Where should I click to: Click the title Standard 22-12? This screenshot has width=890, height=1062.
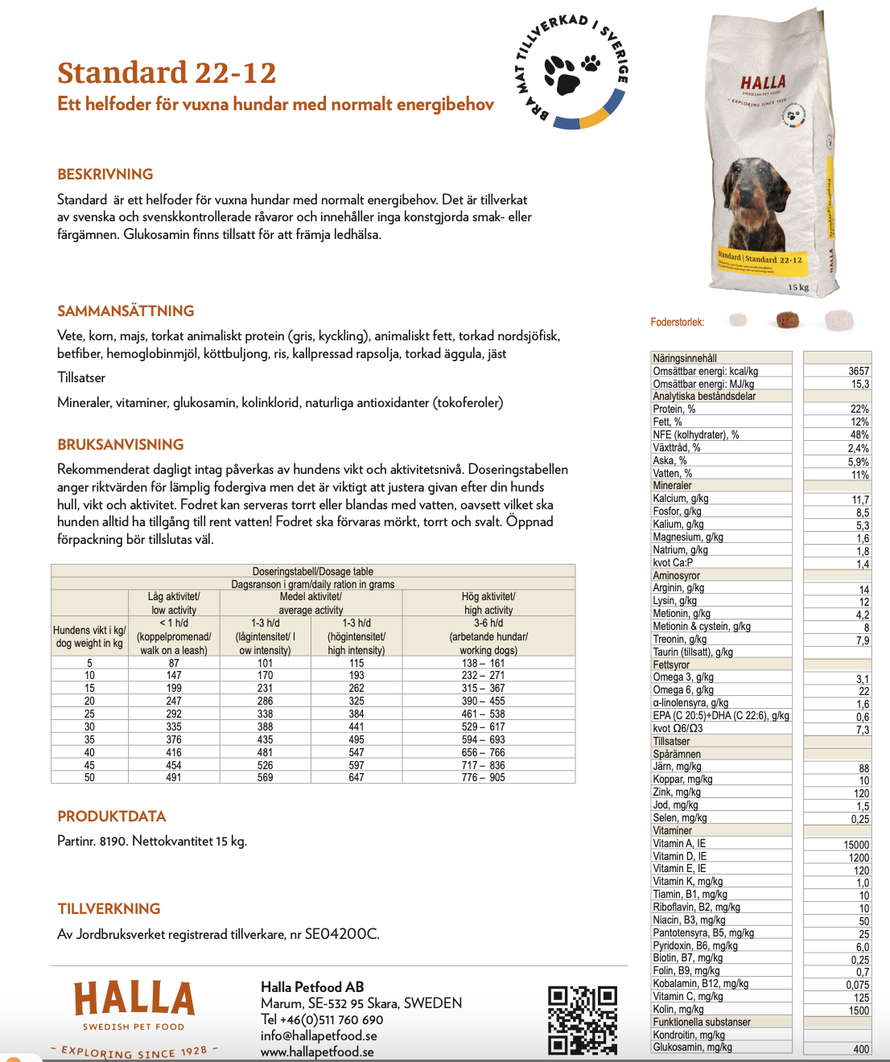click(167, 73)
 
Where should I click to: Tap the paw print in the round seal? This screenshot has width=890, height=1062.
click(570, 72)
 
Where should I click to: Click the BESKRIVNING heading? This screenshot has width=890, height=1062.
click(105, 175)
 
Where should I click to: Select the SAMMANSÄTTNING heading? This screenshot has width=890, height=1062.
click(126, 311)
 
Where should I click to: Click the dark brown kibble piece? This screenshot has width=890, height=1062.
click(788, 320)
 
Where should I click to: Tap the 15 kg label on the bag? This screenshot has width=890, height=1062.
click(798, 287)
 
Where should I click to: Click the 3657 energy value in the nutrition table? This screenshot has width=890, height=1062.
click(858, 371)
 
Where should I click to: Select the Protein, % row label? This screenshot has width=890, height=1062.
click(674, 409)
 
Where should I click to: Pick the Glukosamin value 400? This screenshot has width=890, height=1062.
click(861, 1049)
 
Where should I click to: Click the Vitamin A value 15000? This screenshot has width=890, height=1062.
click(856, 845)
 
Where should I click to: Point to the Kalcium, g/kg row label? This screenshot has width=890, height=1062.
click(681, 499)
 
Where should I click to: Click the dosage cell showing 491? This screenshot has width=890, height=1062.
click(174, 777)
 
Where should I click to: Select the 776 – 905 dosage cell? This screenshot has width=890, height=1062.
click(484, 777)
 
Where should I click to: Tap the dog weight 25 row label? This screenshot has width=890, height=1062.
click(89, 714)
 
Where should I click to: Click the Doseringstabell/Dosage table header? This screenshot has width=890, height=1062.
click(313, 571)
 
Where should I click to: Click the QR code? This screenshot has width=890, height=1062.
click(583, 1020)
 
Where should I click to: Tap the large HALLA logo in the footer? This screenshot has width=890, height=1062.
click(134, 998)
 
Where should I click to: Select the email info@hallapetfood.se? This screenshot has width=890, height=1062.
click(319, 1035)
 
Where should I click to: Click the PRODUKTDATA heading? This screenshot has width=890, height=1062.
click(112, 817)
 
